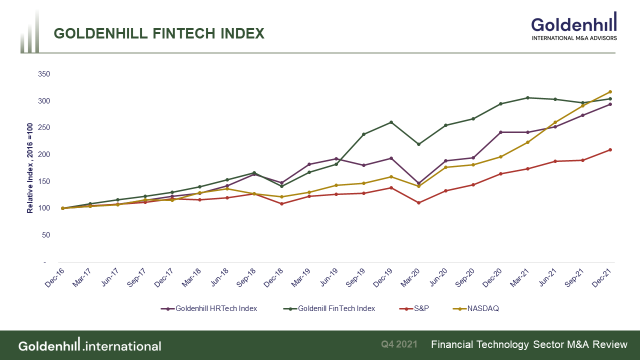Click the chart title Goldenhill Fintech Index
click(x=159, y=33)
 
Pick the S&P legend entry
click(x=421, y=308)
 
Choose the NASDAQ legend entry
click(x=483, y=308)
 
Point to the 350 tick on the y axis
click(x=44, y=74)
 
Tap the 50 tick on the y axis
click(x=45, y=235)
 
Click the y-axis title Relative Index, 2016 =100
click(x=30, y=168)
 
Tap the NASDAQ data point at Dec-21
click(x=610, y=92)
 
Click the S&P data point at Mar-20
click(x=418, y=203)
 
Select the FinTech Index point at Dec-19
click(x=391, y=122)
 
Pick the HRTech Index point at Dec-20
click(x=500, y=132)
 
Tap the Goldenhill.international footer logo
click(x=90, y=345)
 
